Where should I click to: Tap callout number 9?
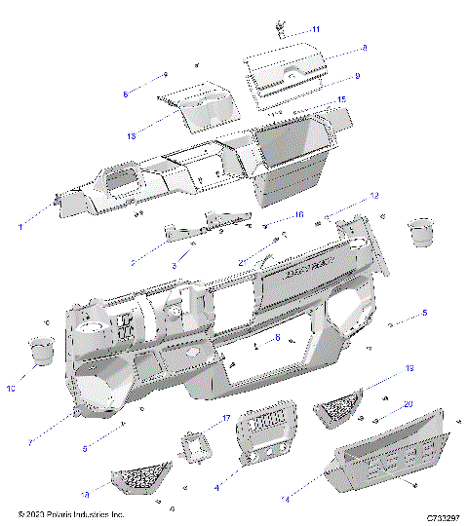pos(358,75)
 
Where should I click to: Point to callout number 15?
pos(341,99)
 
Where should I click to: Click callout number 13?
pos(132,135)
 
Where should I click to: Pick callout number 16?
pos(298,214)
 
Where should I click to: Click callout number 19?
pos(409,369)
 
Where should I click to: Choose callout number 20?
pos(409,403)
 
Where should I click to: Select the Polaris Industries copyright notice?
pos(70,514)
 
